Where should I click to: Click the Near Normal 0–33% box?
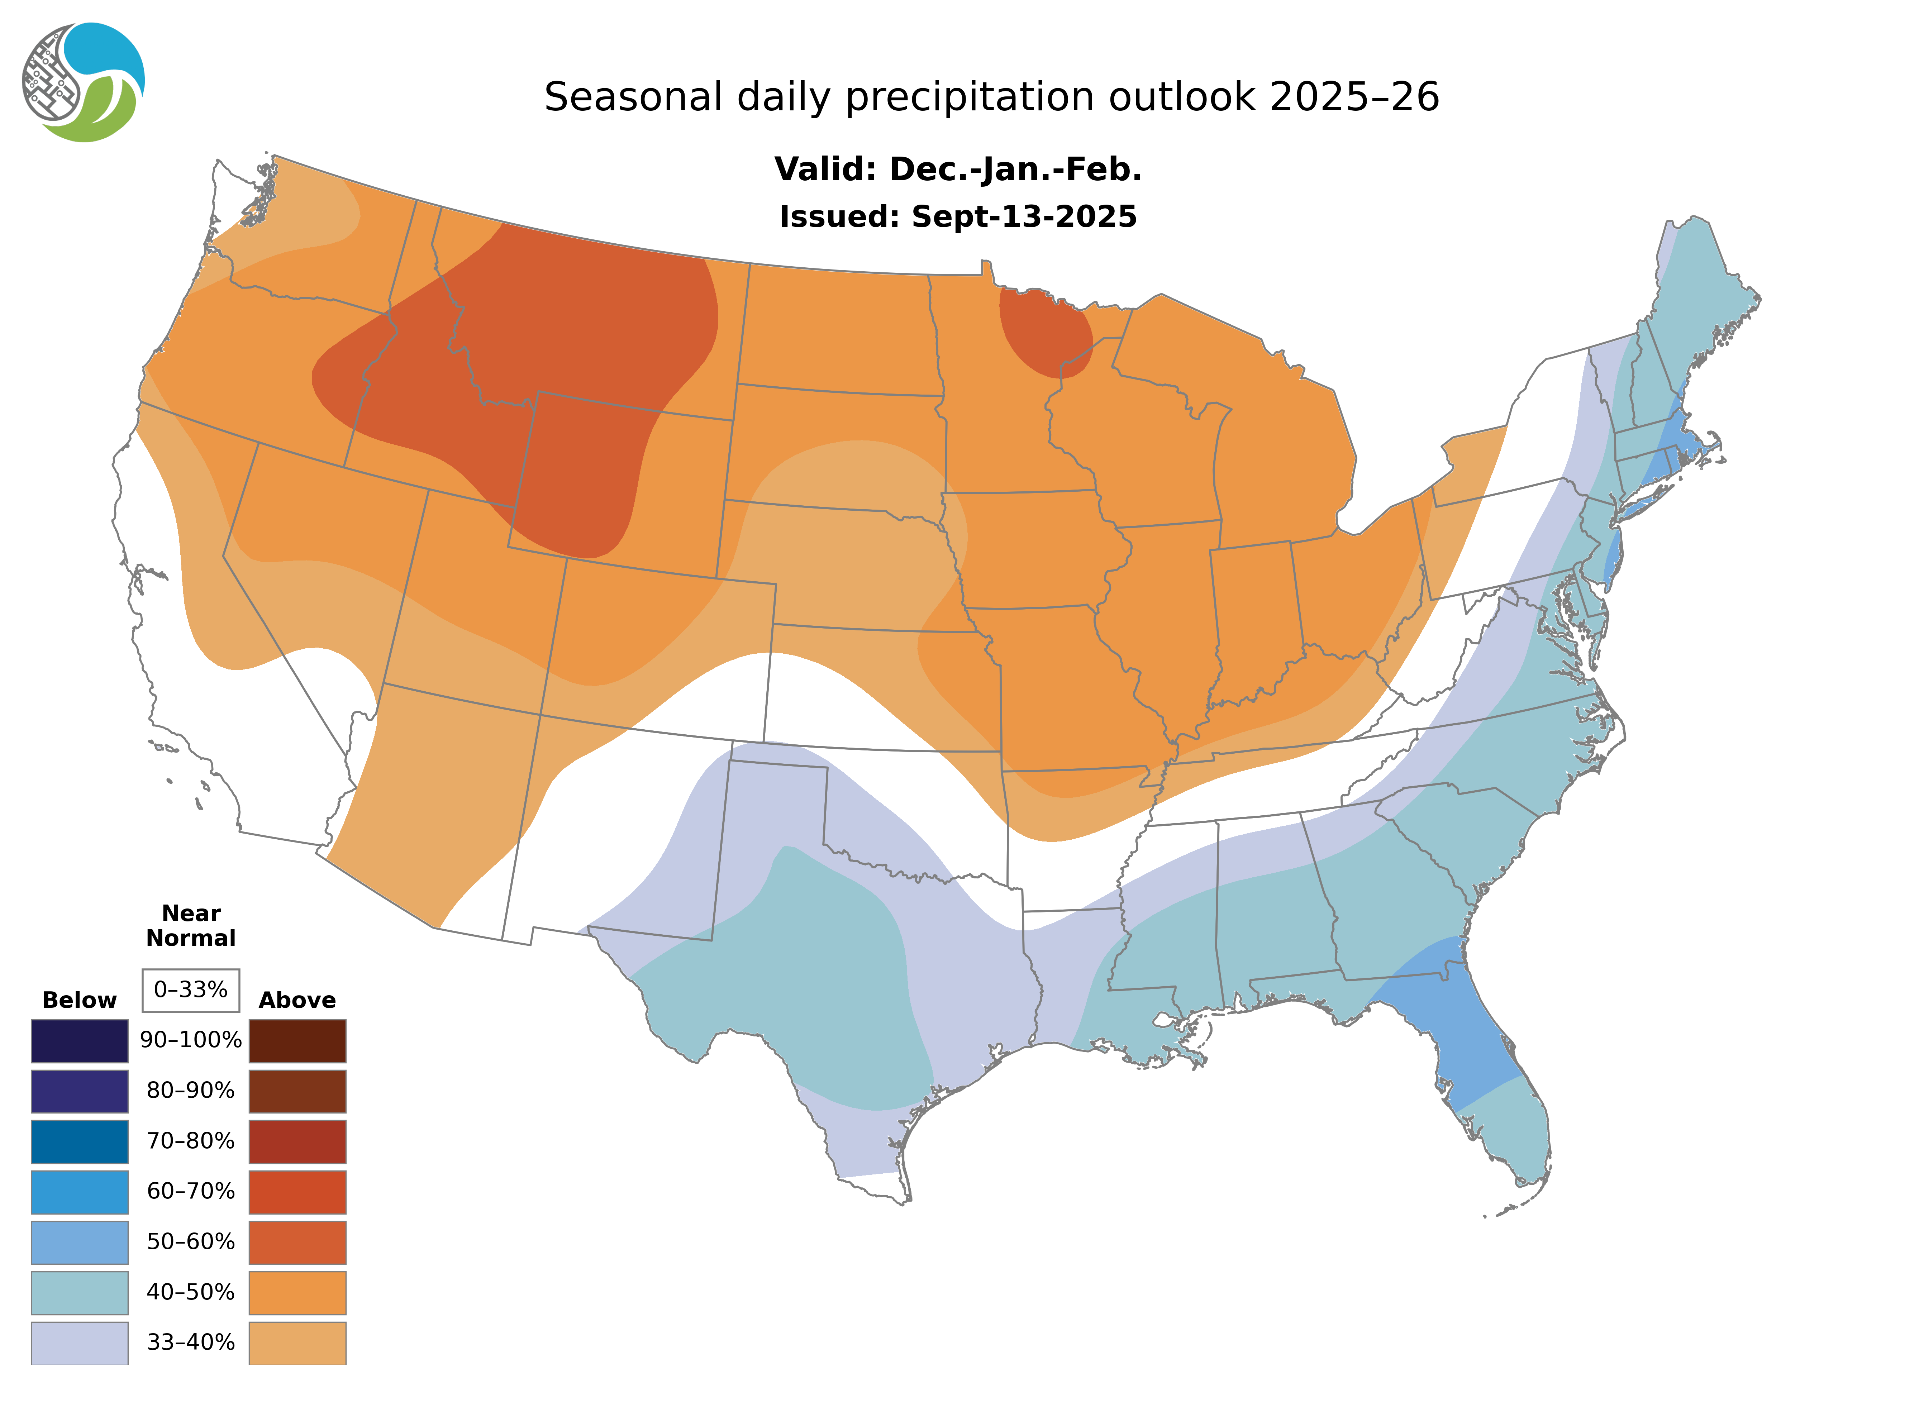(191, 990)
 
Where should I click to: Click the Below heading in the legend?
(79, 1000)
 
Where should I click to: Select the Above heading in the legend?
(297, 1000)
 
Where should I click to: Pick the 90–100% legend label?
(191, 1040)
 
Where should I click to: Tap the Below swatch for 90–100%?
(79, 1041)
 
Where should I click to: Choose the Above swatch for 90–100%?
(297, 1041)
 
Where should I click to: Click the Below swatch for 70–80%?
(79, 1141)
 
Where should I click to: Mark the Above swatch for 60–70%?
(297, 1192)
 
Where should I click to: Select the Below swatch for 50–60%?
(79, 1242)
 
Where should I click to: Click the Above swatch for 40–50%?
(297, 1292)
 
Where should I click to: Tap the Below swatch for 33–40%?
(79, 1342)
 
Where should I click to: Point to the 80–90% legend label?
(191, 1090)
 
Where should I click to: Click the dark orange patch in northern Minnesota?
(1044, 332)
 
